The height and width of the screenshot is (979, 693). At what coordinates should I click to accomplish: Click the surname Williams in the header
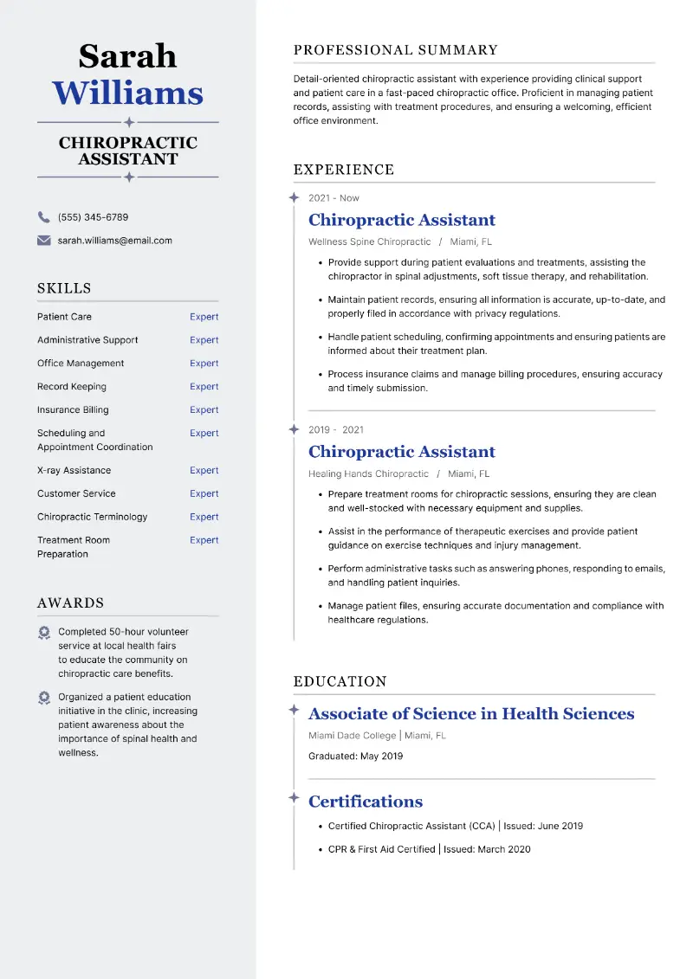127,93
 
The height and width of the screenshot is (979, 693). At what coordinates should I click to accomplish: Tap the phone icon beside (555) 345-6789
43,217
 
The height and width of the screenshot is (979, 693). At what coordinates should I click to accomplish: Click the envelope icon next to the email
43,241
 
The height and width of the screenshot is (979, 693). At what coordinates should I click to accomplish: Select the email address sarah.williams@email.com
114,241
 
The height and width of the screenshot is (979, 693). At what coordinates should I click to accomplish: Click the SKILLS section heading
64,288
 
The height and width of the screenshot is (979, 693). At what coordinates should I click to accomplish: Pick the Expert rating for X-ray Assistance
204,471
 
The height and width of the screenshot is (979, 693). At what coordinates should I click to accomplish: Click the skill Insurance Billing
73,410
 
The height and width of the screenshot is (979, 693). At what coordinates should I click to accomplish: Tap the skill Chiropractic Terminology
92,517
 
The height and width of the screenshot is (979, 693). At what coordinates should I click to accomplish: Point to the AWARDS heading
70,603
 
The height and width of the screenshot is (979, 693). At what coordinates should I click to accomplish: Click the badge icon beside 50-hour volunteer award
44,633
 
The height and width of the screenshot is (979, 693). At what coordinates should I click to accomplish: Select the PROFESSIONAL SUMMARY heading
395,50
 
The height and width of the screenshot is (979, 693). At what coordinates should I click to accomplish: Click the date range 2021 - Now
334,198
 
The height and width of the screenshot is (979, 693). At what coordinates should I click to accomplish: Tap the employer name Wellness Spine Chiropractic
369,242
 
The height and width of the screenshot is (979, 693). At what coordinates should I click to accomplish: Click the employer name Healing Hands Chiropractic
368,474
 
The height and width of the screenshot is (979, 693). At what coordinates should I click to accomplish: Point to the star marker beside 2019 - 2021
294,429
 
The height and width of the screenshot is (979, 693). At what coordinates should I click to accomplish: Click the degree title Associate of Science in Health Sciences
471,714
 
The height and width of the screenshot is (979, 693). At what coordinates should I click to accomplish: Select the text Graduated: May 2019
355,757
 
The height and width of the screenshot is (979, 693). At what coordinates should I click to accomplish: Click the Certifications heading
366,802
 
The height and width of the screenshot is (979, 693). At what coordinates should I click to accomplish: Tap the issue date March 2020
503,849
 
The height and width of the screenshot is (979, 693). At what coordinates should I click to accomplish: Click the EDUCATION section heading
340,682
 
